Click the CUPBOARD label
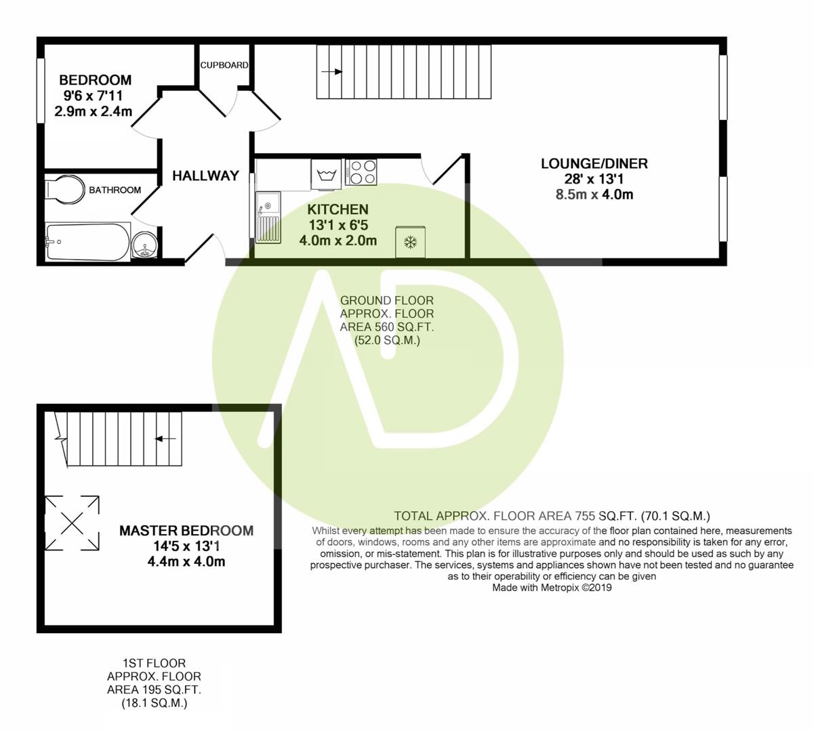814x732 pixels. coord(224,65)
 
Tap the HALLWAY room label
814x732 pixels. coord(205,176)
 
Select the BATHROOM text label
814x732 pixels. coord(115,190)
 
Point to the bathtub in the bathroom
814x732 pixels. coord(87,242)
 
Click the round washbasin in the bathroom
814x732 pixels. coord(144,245)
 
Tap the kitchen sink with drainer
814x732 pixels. coord(268,217)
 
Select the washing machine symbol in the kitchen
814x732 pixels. coord(327,174)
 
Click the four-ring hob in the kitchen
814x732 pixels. coord(361,171)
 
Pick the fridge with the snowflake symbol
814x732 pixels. coord(410,242)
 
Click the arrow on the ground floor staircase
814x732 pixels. coord(332,72)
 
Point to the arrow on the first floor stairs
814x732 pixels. coord(165,439)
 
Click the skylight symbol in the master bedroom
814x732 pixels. coord(73,523)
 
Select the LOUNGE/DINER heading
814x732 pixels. coord(594,163)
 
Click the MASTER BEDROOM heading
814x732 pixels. coord(186,531)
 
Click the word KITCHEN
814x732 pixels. coord(338,209)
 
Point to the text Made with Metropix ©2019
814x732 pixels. coord(552,588)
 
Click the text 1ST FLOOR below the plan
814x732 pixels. coord(154,663)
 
